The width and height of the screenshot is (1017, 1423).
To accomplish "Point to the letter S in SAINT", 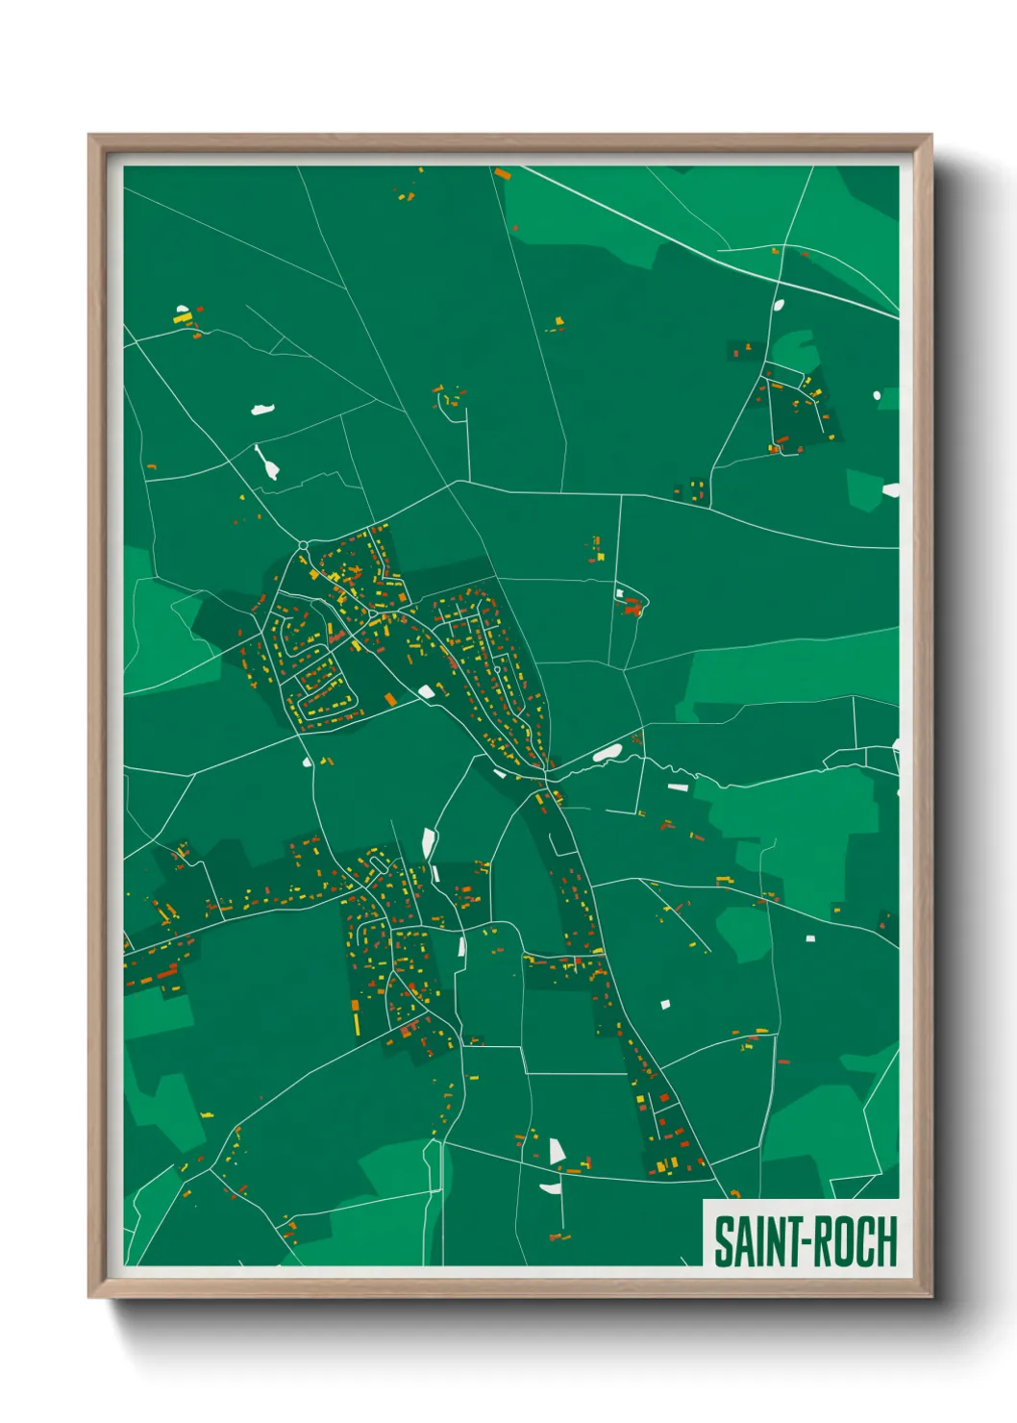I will point(723,1241).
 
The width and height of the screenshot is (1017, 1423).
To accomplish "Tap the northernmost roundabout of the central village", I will point(304,545).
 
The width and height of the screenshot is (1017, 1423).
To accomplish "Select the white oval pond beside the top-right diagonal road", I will point(779,305).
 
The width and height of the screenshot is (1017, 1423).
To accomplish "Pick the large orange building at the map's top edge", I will point(502,174).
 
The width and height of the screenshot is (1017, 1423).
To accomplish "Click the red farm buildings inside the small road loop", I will point(632,607).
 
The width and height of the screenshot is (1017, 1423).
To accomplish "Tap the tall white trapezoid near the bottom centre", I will point(556,1151).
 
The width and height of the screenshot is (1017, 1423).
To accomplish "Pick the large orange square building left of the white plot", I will point(390,698).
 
